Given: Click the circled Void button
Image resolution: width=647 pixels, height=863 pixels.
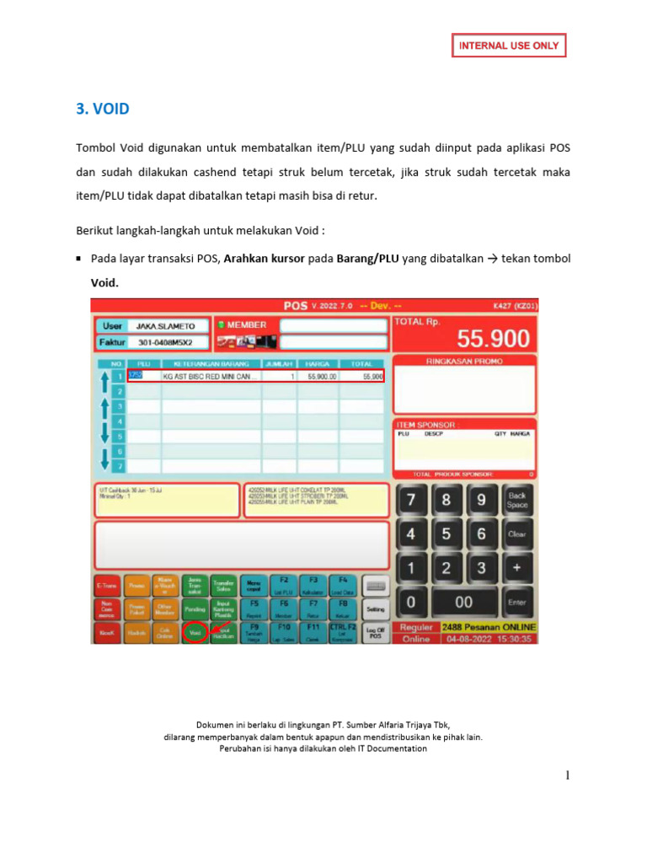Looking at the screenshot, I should [195, 631].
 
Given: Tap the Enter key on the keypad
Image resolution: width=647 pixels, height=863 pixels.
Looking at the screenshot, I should [516, 603].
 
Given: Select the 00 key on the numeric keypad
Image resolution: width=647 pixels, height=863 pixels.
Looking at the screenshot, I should [463, 603].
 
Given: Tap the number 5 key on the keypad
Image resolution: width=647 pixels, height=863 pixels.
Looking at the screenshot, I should [446, 533].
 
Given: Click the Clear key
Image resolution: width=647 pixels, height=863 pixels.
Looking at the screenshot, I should [516, 533].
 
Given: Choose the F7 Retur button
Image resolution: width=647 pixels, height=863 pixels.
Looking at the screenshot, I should [313, 608].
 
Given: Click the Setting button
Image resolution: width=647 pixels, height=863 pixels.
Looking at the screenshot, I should [376, 608].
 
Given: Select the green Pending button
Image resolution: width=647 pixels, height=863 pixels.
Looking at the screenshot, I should [195, 608].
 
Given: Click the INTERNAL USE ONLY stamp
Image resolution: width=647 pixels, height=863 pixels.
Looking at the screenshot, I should [509, 46].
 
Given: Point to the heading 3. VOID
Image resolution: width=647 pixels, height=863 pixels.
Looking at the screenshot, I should [103, 110].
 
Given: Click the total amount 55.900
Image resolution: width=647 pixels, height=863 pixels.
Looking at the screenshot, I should [493, 339].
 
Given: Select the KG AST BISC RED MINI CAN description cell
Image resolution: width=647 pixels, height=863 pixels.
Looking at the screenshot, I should [211, 377].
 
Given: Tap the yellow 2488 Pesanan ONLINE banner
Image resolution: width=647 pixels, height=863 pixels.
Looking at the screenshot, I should [489, 628].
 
